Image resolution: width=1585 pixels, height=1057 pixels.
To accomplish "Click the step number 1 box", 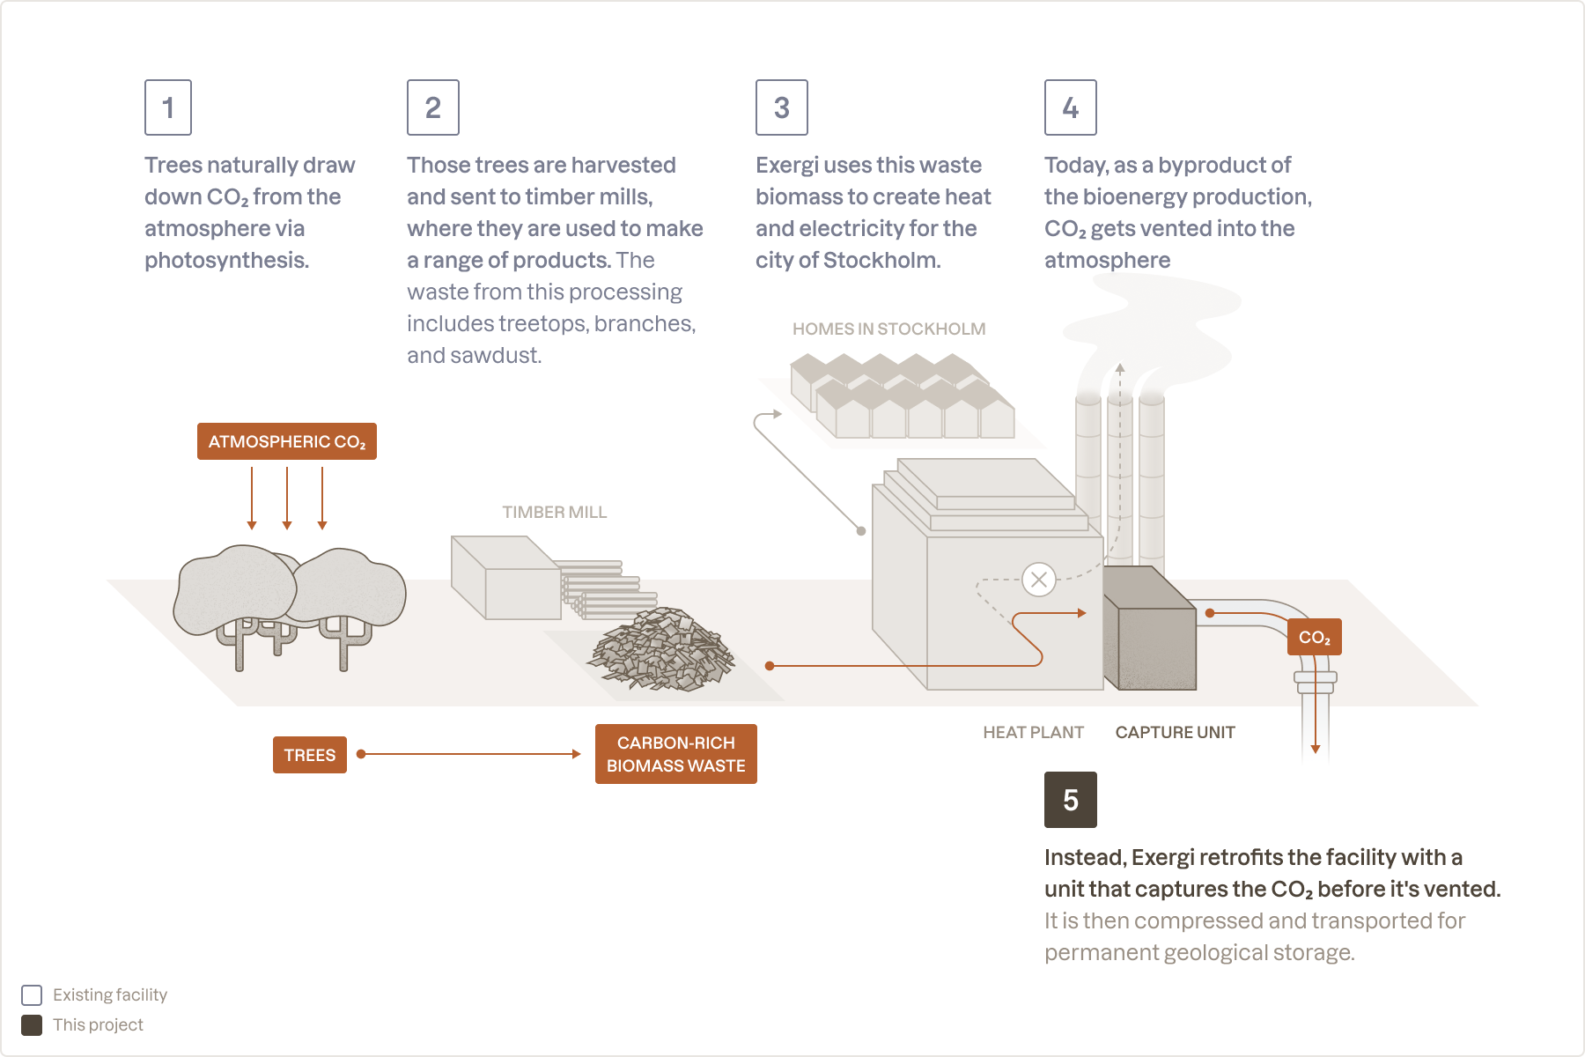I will [168, 107].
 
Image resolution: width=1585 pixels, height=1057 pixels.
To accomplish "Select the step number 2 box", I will [432, 107].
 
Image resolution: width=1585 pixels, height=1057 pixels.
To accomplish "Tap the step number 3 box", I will [781, 107].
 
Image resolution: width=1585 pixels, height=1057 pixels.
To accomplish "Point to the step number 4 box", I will [1070, 107].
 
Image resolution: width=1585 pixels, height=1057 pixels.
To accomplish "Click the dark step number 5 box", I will [1070, 800].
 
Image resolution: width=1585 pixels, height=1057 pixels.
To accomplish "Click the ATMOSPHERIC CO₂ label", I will [287, 441].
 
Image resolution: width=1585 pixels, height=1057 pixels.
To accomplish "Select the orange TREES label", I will [310, 755].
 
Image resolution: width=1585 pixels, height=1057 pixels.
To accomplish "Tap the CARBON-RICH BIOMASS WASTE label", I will [675, 754].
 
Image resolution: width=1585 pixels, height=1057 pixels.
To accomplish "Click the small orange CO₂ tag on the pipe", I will [1314, 637].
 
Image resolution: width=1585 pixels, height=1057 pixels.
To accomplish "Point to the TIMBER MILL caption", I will [554, 512].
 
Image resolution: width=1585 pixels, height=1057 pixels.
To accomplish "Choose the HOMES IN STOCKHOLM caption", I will [888, 329].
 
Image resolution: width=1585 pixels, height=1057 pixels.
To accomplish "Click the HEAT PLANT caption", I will [1033, 732].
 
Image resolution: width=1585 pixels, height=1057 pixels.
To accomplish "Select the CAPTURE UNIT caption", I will [1175, 732].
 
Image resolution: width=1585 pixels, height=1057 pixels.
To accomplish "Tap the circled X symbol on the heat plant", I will [1039, 580].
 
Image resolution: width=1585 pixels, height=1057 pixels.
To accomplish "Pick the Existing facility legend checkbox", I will [32, 995].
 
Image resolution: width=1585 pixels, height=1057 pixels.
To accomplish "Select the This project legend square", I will [32, 1025].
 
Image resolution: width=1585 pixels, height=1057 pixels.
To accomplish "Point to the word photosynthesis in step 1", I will [226, 261].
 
